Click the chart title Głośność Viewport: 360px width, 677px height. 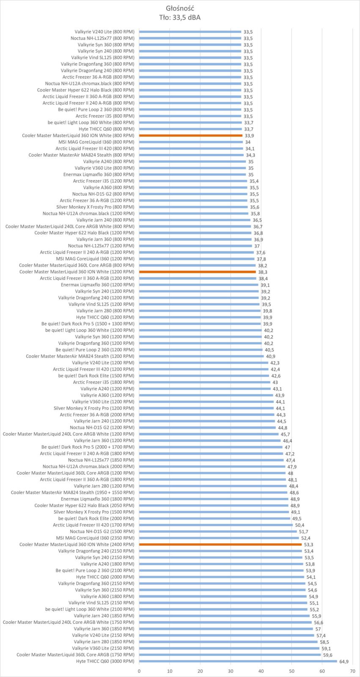(180, 8)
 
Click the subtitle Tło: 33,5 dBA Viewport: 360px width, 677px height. (180, 17)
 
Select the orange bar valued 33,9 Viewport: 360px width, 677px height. (191, 135)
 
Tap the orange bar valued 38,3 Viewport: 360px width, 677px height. (198, 272)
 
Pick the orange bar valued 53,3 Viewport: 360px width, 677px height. (220, 544)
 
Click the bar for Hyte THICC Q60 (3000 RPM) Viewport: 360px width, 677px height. (238, 661)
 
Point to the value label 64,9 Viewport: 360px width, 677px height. (344, 662)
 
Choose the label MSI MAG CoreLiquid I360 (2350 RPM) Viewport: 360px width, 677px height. (95, 538)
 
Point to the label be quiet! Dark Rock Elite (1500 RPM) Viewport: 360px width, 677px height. (96, 376)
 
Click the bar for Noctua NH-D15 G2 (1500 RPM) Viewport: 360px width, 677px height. (218, 531)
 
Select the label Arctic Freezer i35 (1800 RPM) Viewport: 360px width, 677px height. (104, 382)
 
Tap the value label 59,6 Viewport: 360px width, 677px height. (328, 655)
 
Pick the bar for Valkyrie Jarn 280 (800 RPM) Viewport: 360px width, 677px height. (200, 311)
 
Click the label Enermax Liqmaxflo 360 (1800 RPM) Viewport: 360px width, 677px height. (98, 499)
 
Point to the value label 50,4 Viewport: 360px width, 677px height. (300, 525)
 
